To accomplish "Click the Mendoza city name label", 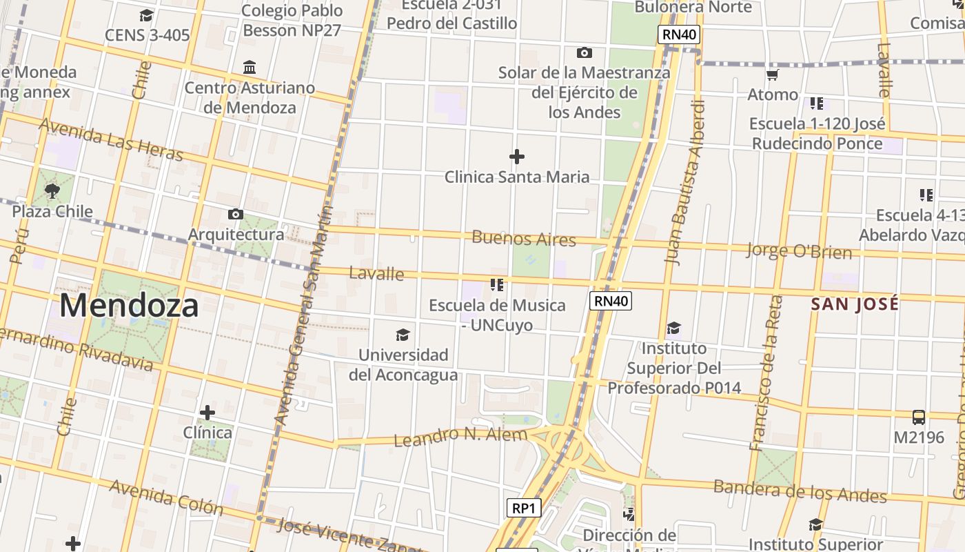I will coord(129,305).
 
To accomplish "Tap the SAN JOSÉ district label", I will coord(855,304).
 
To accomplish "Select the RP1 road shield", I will coord(523,509).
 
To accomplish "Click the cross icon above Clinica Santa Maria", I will coord(516,157).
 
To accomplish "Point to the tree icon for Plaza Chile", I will coord(52,190).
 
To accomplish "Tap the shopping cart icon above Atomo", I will coord(773,75).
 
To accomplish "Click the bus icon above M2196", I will coord(918,417).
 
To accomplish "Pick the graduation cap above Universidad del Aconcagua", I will coord(403,335).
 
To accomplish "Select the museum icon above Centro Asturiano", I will coord(250,68).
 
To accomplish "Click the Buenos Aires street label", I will coord(524,239).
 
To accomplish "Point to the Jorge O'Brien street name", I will coord(799,250).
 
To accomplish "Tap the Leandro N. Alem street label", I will coord(460,436).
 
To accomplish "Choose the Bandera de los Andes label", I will coord(800,491).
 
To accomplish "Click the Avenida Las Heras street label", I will coord(110,139).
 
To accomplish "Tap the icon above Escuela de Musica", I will coord(497,284).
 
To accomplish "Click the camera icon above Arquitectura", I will coord(236,214).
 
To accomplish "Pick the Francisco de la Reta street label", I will coord(766,373).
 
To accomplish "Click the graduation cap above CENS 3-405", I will coord(146,15).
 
